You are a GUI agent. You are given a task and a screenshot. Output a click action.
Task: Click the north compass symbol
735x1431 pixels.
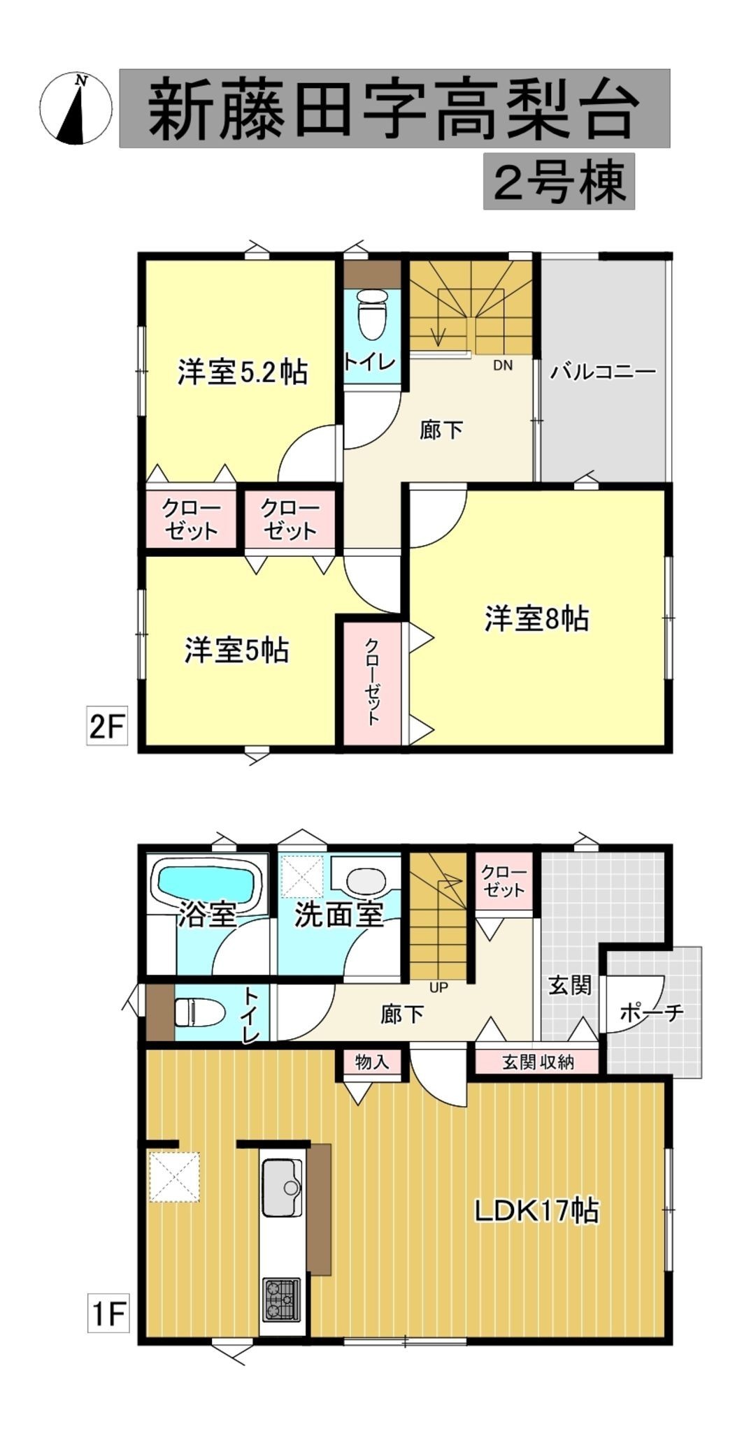(76, 108)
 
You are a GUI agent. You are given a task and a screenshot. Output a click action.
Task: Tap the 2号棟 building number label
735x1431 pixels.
(559, 182)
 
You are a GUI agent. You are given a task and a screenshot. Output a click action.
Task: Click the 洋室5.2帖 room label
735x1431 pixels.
(242, 372)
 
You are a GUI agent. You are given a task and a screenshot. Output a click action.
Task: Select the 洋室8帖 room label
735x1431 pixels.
(536, 618)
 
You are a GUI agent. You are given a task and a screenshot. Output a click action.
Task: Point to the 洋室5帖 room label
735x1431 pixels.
(236, 651)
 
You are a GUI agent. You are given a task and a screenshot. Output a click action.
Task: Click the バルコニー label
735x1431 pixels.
(603, 371)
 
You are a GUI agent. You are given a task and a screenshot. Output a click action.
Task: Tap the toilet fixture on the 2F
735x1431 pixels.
(371, 313)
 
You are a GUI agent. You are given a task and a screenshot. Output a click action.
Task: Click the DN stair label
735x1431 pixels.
(503, 365)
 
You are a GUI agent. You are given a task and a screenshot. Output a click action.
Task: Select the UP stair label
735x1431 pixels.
(438, 987)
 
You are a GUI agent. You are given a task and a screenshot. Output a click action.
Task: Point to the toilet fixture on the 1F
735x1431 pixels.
(197, 1011)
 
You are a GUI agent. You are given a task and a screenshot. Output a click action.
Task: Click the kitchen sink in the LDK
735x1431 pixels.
(282, 1187)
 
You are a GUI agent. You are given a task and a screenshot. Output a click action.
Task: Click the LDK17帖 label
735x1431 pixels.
(536, 1210)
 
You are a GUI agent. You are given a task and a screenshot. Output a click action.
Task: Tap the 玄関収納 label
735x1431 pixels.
(538, 1062)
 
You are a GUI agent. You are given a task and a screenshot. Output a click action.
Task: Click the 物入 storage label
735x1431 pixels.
(371, 1062)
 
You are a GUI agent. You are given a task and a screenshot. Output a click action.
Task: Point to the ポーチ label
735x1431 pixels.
(651, 1012)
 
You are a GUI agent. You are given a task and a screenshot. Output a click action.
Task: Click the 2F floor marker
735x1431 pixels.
(107, 727)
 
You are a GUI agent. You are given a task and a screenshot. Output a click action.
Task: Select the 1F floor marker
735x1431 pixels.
(108, 1314)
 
